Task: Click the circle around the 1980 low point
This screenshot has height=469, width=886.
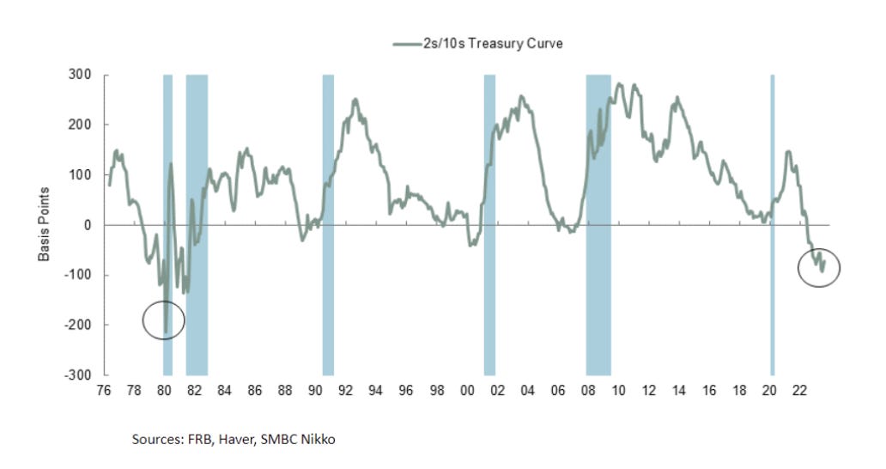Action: point(163,320)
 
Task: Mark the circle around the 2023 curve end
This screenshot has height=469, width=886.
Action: point(818,267)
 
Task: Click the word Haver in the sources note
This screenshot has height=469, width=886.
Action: point(231,440)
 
